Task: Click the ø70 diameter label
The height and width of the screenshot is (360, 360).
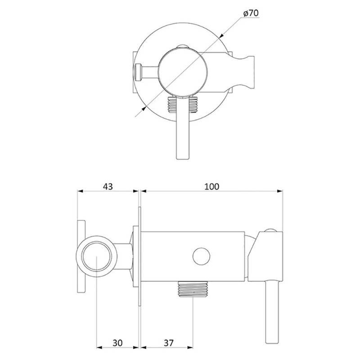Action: point(251,13)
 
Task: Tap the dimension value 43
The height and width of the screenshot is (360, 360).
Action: point(108,186)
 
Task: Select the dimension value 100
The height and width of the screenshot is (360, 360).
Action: point(211,186)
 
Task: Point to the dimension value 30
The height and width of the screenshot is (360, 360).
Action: point(117,343)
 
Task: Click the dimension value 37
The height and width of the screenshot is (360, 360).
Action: point(169,343)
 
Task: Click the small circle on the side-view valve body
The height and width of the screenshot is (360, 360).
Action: point(201,256)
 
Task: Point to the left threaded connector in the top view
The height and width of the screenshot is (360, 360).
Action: point(172,105)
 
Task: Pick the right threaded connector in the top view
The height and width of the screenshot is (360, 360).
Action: point(193,105)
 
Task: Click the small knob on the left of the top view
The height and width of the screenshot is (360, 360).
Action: point(138,72)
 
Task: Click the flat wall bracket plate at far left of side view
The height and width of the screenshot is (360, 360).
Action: point(81,256)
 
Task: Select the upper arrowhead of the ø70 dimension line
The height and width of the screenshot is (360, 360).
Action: point(221,36)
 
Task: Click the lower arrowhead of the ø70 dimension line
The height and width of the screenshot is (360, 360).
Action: point(144,108)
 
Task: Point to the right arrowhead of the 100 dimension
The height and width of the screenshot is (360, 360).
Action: point(280,191)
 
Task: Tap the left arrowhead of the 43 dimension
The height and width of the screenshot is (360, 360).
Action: point(80,191)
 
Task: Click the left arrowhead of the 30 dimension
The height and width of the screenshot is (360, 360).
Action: point(99,347)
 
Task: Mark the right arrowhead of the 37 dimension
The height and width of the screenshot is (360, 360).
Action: point(190,347)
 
